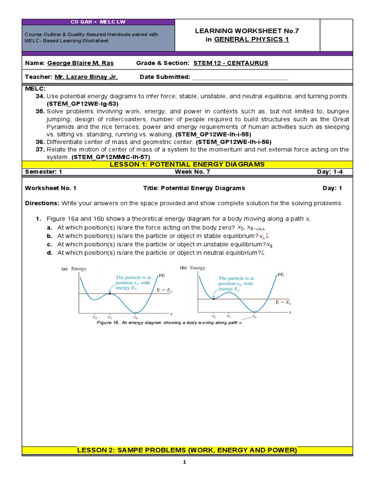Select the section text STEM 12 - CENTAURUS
[231, 63]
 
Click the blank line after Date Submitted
[240, 77]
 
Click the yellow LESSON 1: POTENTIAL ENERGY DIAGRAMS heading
[187, 164]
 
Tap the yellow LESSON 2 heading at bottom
[187, 450]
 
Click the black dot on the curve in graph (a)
[110, 293]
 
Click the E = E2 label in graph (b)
[283, 303]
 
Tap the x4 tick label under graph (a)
[135, 317]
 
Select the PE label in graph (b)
[281, 275]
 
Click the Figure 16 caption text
[170, 323]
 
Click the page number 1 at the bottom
[184, 462]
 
